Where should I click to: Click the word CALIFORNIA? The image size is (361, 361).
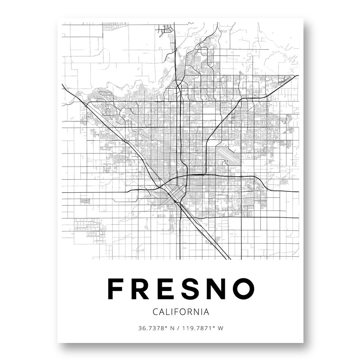(180, 311)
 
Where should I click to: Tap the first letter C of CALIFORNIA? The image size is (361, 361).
(156, 311)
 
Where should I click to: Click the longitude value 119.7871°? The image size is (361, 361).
(198, 328)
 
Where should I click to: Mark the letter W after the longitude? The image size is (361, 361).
(220, 328)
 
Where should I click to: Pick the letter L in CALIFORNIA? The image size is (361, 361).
(167, 311)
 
